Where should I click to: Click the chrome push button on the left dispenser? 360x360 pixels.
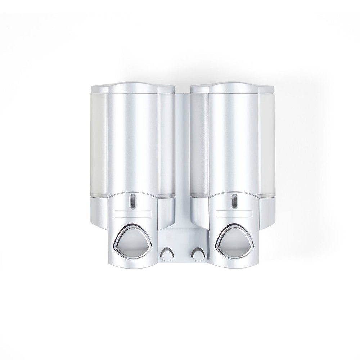click(132, 241)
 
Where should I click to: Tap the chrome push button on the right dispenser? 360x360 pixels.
click(234, 241)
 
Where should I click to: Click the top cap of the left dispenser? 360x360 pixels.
click(132, 88)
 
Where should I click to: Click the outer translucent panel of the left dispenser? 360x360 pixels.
click(99, 144)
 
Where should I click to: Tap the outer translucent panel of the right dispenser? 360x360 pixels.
click(267, 144)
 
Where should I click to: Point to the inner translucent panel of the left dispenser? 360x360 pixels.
click(166, 144)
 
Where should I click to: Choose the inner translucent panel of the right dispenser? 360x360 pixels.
click(199, 144)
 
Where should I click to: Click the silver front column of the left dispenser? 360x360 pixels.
click(132, 144)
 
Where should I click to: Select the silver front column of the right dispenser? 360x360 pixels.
click(234, 144)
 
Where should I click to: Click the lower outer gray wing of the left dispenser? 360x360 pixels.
click(99, 212)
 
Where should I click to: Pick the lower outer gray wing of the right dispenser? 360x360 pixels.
click(267, 212)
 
